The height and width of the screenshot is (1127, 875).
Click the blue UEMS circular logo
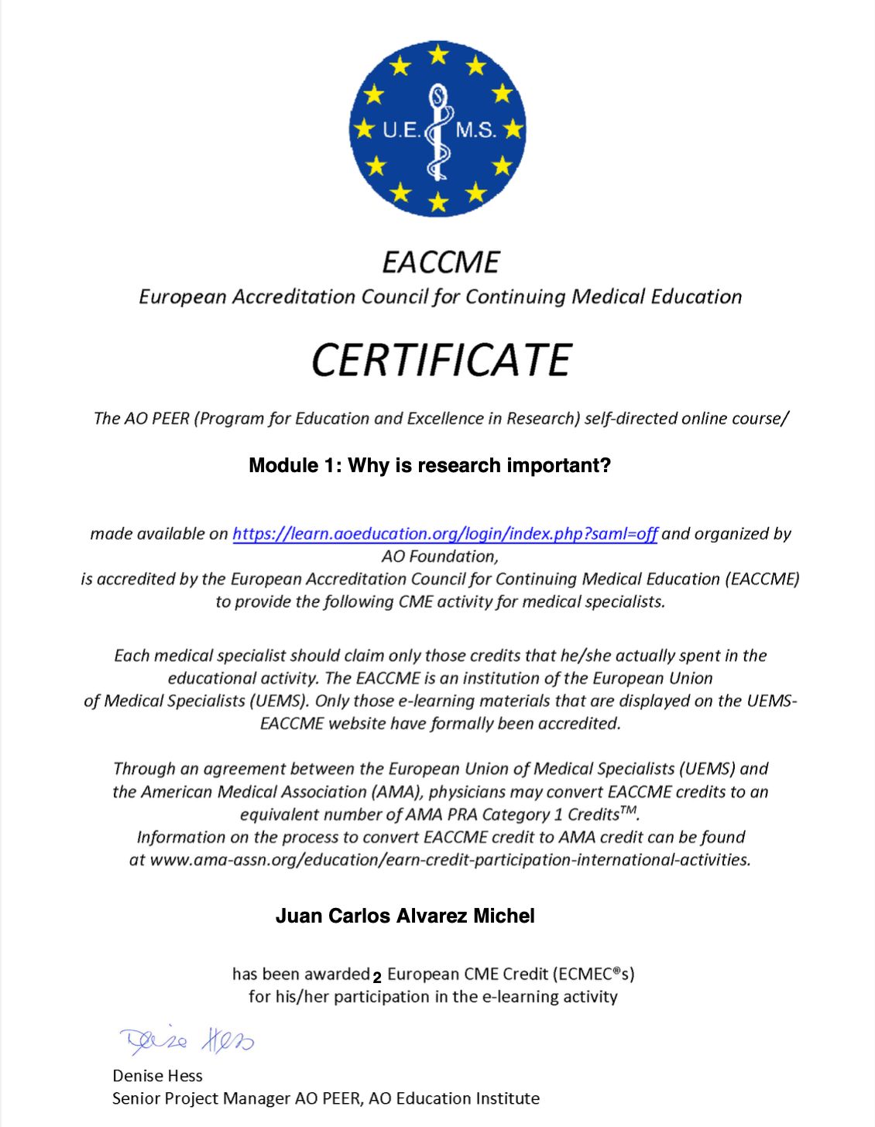click(437, 128)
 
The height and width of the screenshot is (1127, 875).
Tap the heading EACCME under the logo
click(441, 262)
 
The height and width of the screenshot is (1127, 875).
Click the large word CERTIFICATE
click(441, 360)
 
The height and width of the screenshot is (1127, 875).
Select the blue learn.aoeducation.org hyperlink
click(444, 533)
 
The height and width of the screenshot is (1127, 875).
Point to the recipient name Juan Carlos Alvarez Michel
click(405, 916)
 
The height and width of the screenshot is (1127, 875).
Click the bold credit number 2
click(377, 977)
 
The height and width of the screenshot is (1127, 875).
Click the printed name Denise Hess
click(157, 1075)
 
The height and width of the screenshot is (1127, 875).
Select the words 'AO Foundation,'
click(440, 556)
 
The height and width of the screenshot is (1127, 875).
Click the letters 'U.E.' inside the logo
click(401, 130)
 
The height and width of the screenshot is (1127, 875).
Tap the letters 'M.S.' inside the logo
click(475, 130)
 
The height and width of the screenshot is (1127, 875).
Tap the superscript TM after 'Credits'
click(629, 810)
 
